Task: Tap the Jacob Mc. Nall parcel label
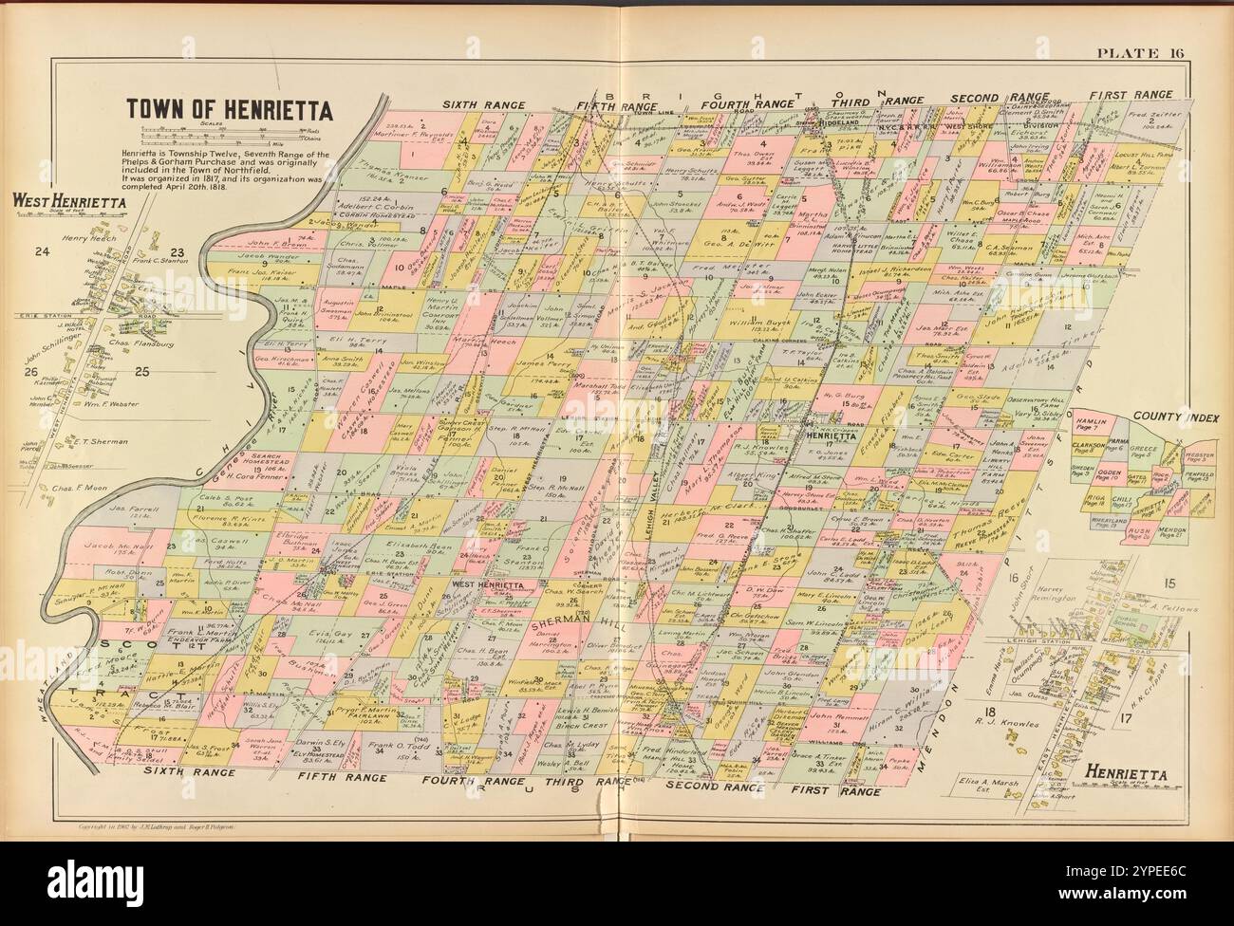[x=100, y=548]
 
